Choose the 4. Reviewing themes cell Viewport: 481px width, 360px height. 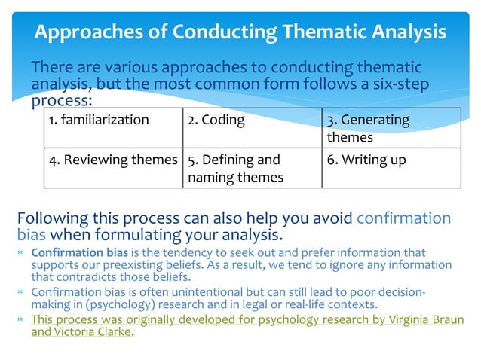point(112,168)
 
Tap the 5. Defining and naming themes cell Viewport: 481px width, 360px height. point(252,168)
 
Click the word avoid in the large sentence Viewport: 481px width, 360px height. point(330,219)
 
